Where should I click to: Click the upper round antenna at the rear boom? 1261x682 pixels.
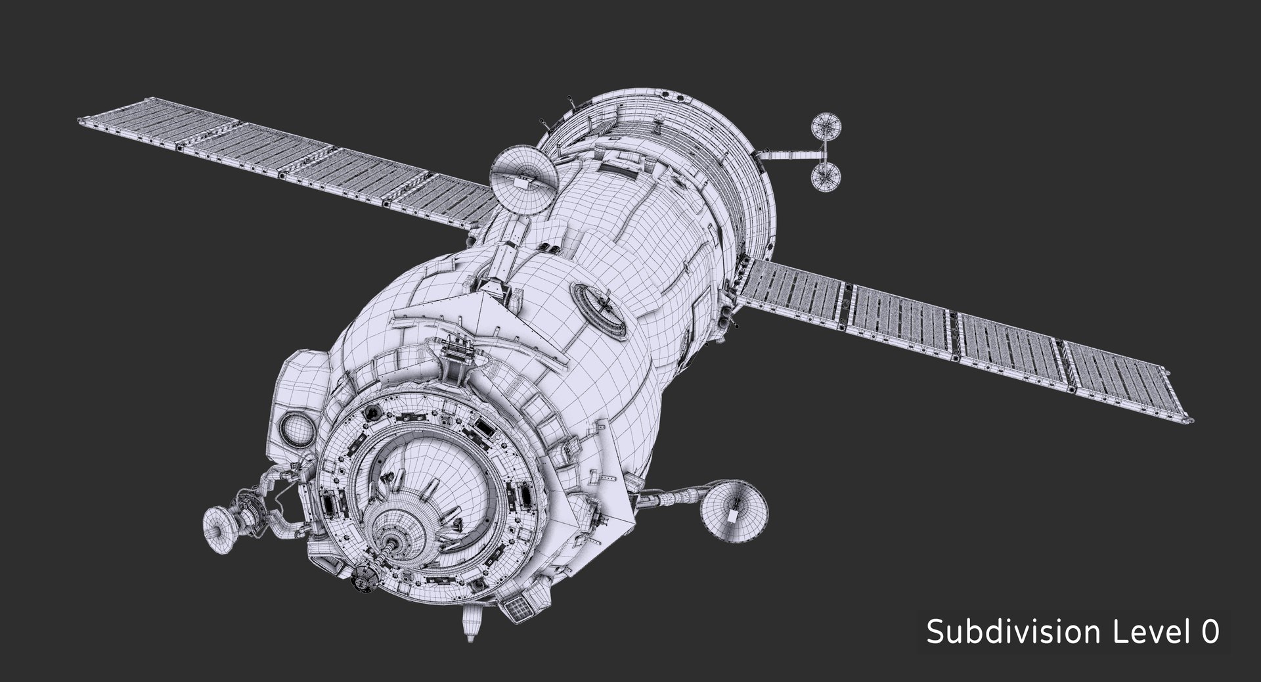827,127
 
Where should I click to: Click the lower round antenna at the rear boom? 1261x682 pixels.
826,175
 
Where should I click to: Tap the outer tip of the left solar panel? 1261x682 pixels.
82,120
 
